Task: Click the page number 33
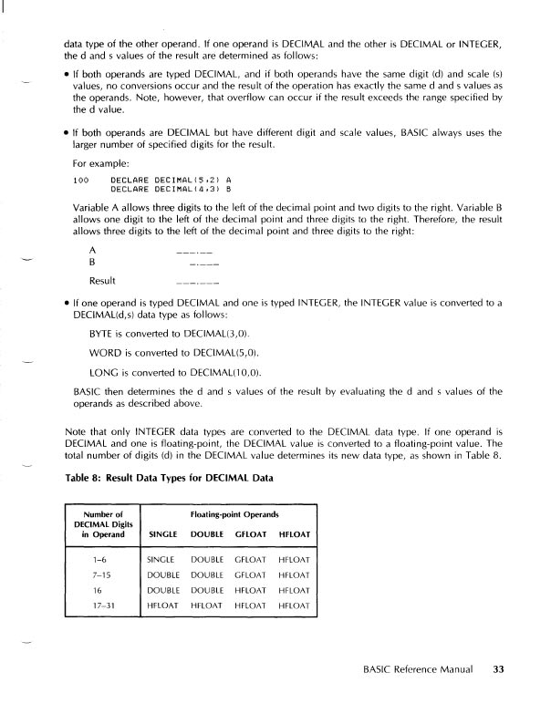(498, 669)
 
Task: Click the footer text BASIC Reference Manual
(416, 669)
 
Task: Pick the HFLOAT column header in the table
(295, 533)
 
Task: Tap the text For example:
(100, 164)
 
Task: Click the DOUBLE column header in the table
(207, 533)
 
